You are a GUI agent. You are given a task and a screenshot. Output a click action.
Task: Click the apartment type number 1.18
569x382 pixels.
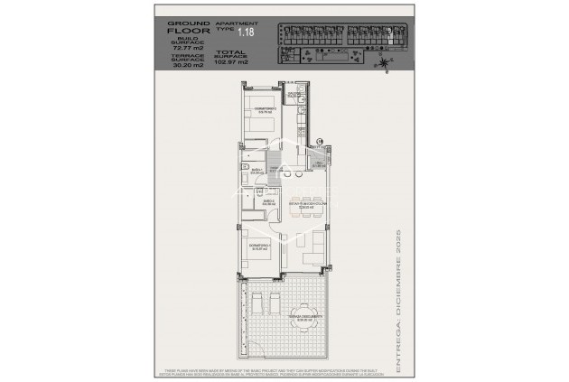point(246,33)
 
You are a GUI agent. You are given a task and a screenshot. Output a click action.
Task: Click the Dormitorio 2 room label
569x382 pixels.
point(263,110)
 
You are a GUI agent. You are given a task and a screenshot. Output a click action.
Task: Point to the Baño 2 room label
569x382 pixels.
point(269,204)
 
